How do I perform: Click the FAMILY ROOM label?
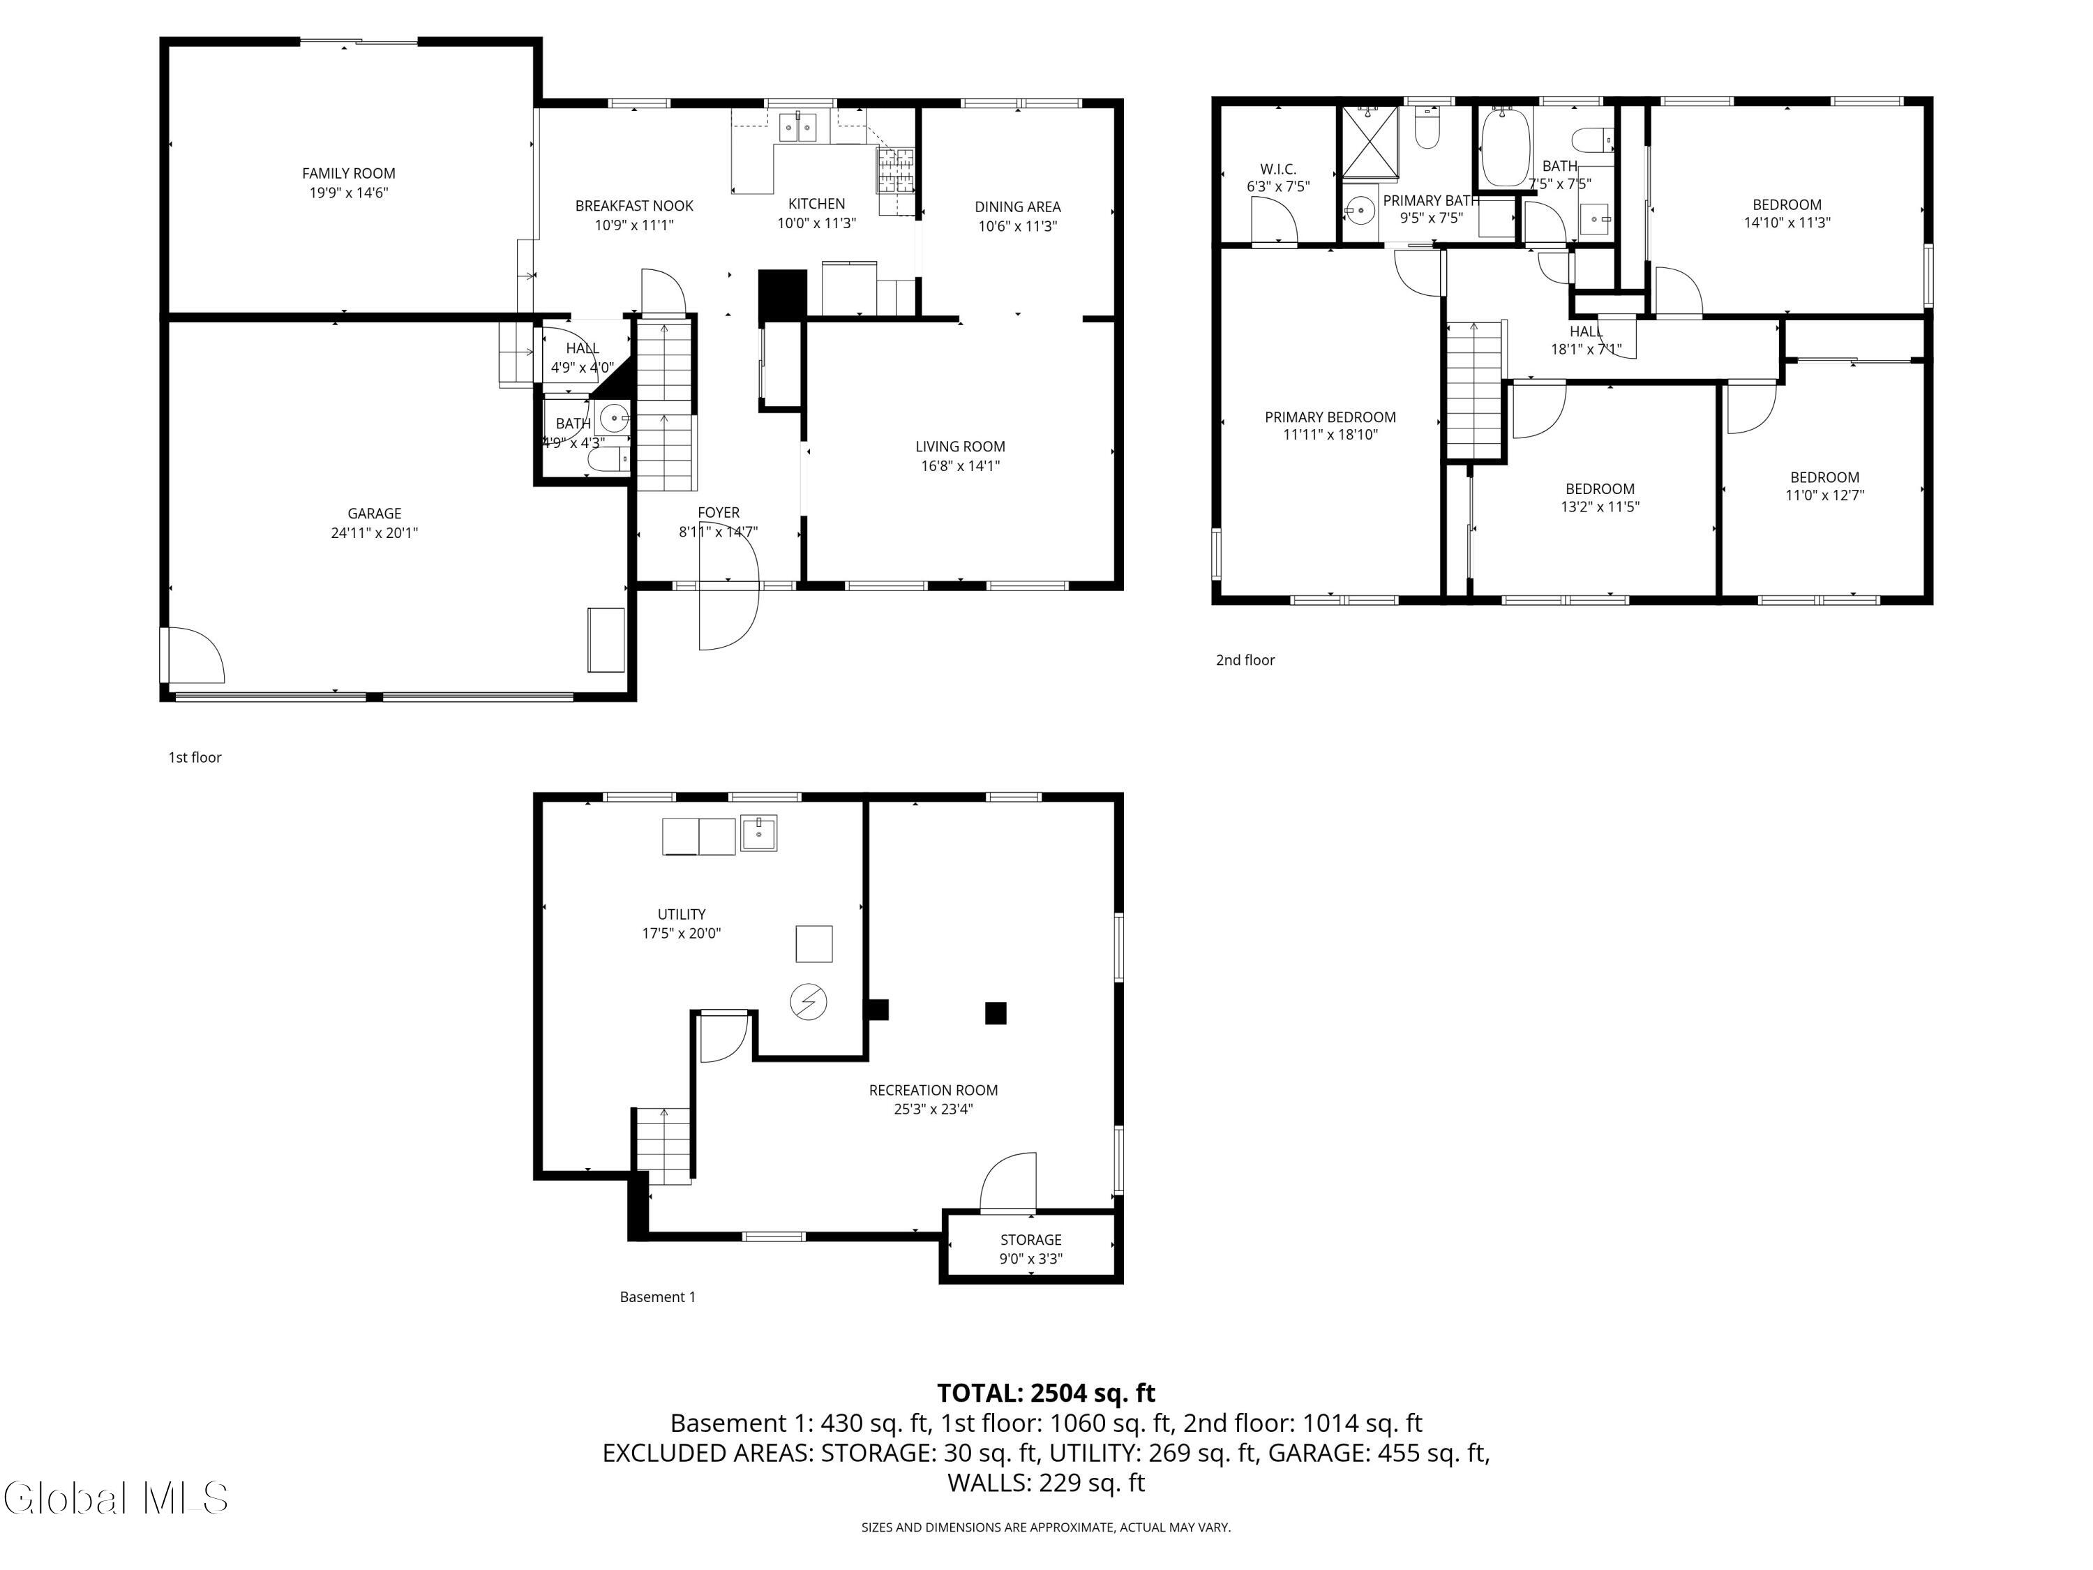pos(348,173)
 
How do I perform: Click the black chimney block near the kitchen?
pos(781,298)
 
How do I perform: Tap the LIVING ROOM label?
pos(959,447)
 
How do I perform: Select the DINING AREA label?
pos(1017,207)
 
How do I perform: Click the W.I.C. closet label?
pos(1277,170)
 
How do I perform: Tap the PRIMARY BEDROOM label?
pos(1330,417)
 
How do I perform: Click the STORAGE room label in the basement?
pos(1030,1240)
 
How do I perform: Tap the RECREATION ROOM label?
pos(933,1090)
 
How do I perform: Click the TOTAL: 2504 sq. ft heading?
pos(1046,1393)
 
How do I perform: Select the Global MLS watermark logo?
pos(115,1498)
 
